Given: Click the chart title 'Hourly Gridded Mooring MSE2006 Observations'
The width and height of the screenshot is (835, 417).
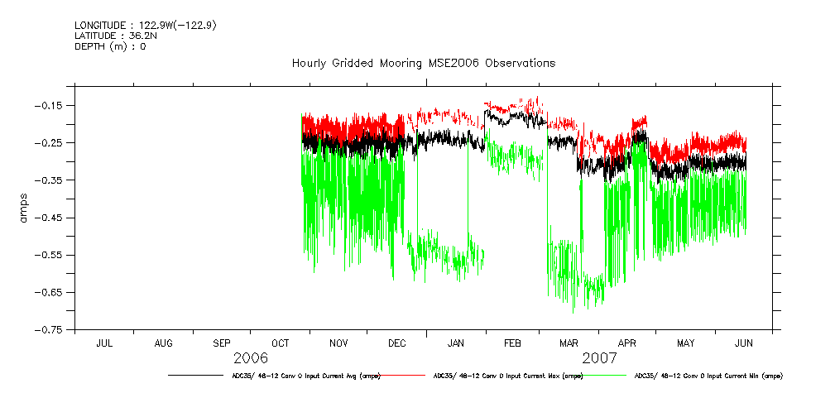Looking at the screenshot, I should pos(423,63).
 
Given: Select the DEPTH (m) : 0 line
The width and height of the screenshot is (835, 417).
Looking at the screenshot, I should pos(110,46).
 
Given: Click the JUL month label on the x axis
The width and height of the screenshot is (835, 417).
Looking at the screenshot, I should pos(105,343).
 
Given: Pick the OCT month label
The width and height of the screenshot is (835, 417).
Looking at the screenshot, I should pos(281,343).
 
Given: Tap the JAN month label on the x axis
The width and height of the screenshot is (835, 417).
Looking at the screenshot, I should pos(455,343).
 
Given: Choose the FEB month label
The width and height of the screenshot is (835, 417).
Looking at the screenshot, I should pos(512,343).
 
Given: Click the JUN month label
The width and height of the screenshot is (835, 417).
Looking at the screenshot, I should pos(744,343).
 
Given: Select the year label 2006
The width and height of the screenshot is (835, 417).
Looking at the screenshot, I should pos(251,358).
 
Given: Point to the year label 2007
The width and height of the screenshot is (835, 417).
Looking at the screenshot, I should pos(600,358).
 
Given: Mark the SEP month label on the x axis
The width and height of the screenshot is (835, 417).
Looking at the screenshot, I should pos(222,343).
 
